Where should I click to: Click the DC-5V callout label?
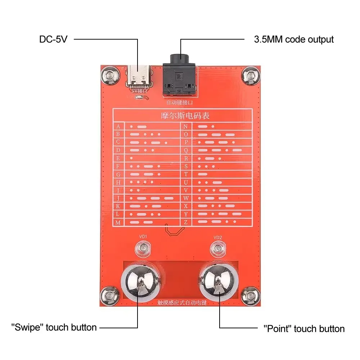pyautogui.click(x=53, y=39)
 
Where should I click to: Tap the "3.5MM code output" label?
pyautogui.click(x=294, y=39)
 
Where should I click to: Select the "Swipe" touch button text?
pyautogui.click(x=54, y=327)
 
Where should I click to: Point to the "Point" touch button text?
pyautogui.click(x=304, y=328)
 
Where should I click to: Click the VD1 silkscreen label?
pyautogui.click(x=143, y=237)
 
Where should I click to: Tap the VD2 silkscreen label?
pyautogui.click(x=217, y=237)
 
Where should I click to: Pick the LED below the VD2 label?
pyautogui.click(x=218, y=248)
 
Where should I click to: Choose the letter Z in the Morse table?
pyautogui.click(x=186, y=222)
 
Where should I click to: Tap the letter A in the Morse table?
pyautogui.click(x=118, y=126)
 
